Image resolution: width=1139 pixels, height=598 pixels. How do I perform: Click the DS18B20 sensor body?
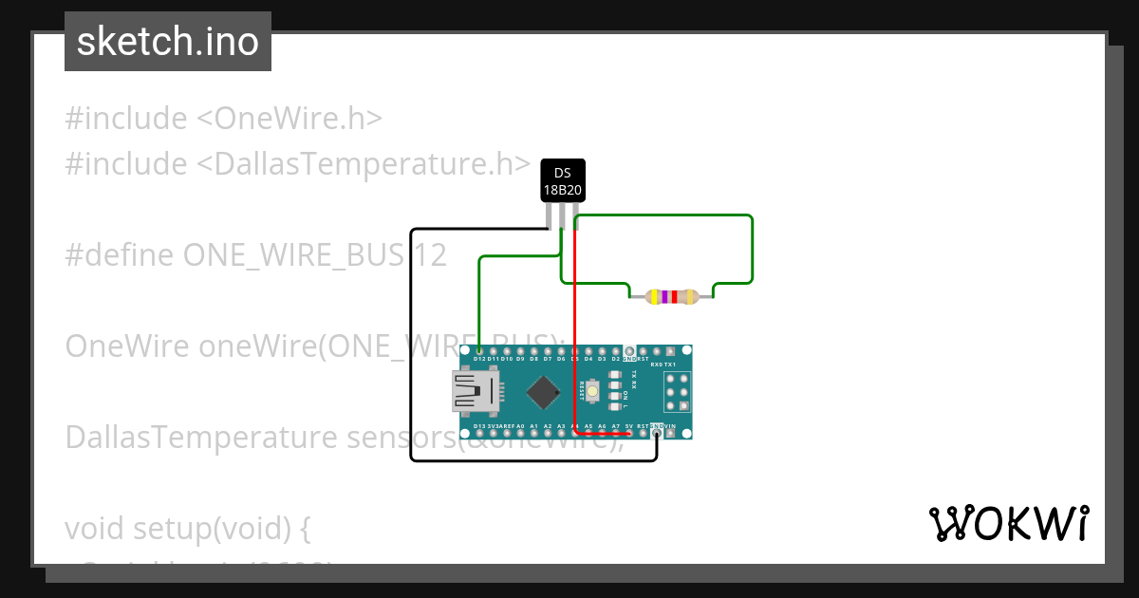point(563,180)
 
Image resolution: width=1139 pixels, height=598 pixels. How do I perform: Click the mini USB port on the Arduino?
point(476,392)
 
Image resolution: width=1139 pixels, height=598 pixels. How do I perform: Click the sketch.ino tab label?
point(168,42)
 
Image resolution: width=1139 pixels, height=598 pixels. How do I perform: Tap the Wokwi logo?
point(1008,524)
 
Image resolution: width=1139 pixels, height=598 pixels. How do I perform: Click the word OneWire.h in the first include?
point(289,119)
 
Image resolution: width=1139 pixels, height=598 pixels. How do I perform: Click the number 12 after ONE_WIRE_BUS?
point(429,254)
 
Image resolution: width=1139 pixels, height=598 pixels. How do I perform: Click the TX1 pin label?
point(670,364)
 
